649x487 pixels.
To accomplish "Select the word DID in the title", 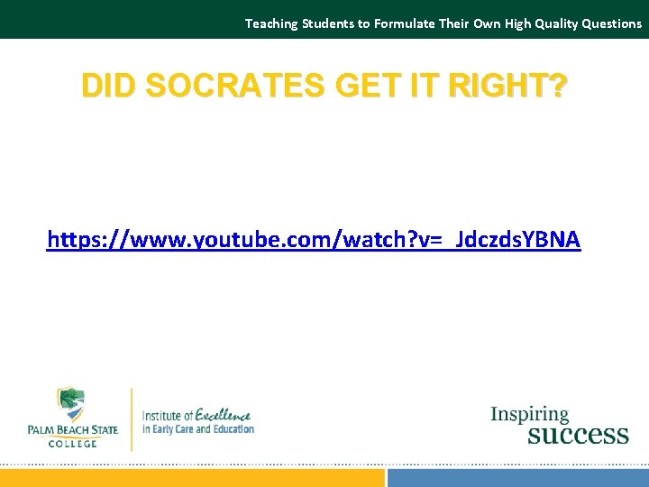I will point(106,86).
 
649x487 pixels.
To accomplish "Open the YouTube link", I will point(314,240).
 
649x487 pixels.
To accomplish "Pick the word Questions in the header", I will point(611,23).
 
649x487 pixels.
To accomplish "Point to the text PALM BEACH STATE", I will point(73,430).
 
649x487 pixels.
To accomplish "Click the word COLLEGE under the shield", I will point(72,442).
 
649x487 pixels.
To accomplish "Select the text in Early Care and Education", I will point(198,429).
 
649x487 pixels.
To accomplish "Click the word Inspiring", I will point(529,415).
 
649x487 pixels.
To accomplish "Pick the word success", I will point(577,435).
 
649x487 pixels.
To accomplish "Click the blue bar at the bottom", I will point(517,477).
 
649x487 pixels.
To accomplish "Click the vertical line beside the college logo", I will point(132,419).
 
